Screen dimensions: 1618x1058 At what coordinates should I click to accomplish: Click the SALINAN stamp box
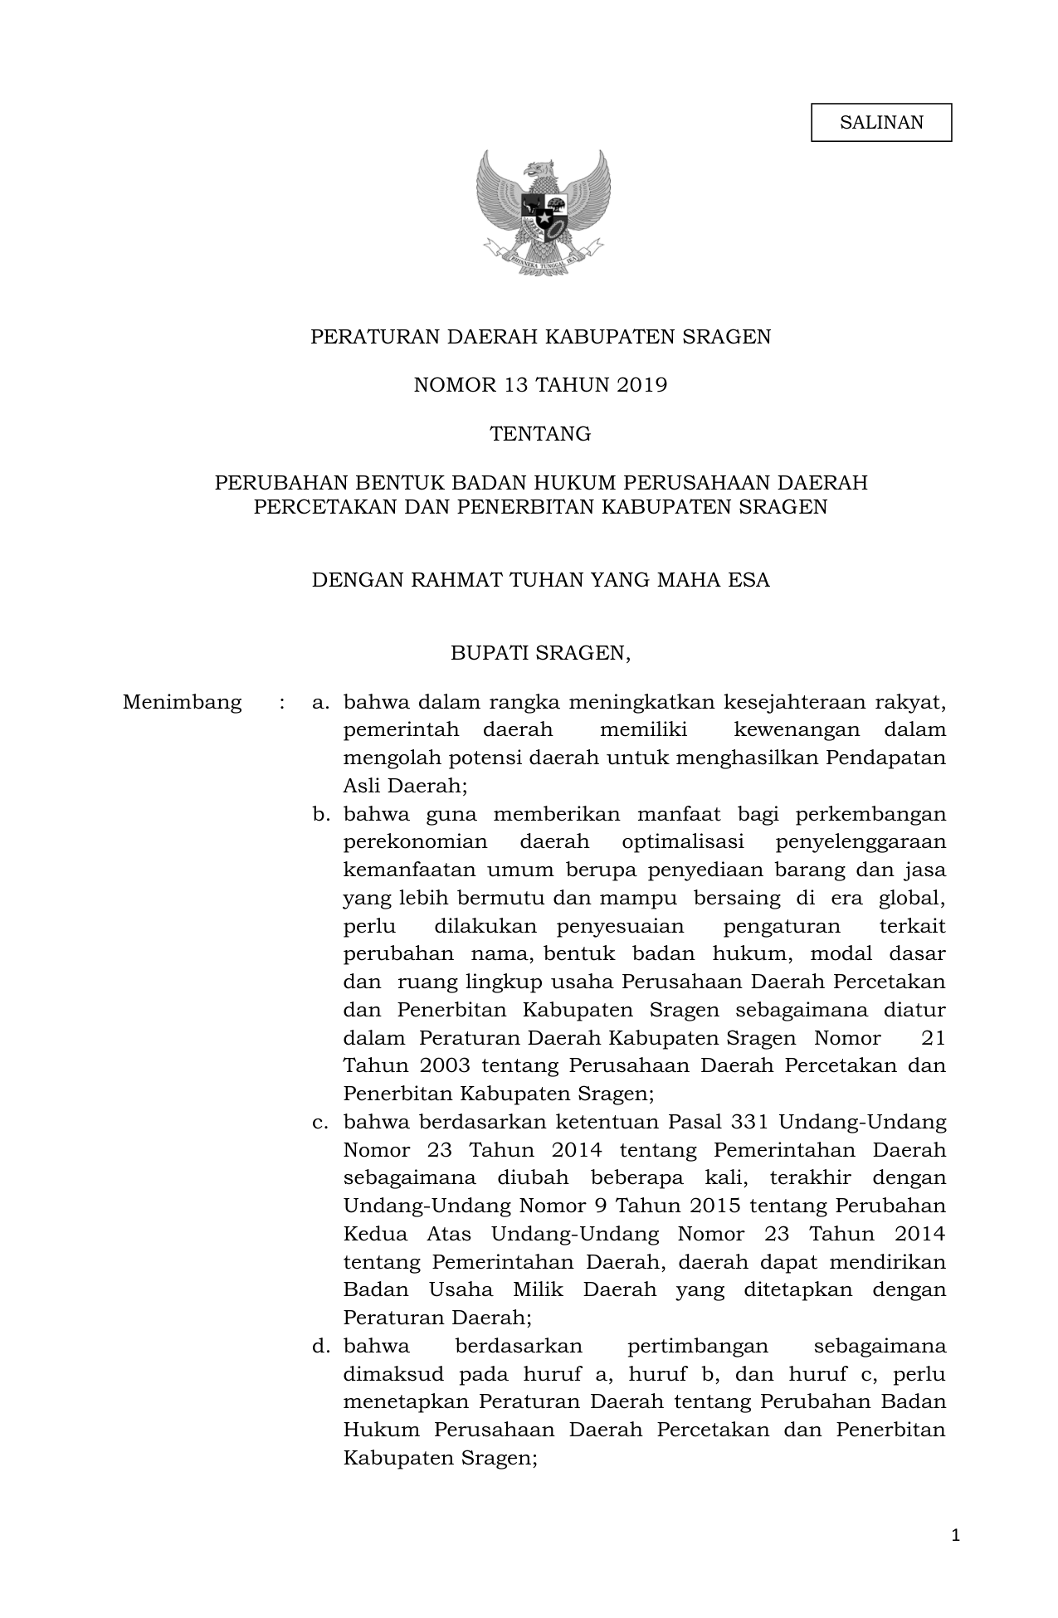tap(880, 123)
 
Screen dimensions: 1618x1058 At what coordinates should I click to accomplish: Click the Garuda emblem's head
tap(542, 169)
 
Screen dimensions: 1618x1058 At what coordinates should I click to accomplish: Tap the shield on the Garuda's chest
tap(544, 211)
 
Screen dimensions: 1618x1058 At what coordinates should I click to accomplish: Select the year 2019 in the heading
tap(641, 385)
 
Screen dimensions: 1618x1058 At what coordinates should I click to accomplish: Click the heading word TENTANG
tap(540, 434)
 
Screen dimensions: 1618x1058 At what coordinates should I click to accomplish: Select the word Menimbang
tap(182, 702)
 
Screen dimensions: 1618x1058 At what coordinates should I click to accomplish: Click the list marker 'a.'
tap(320, 702)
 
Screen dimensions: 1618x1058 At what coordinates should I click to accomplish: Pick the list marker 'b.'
tap(320, 814)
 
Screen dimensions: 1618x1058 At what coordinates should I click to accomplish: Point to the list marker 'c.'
tap(320, 1122)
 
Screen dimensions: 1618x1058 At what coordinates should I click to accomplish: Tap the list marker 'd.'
tap(320, 1346)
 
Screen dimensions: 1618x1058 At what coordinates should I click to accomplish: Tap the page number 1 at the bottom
tap(955, 1536)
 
